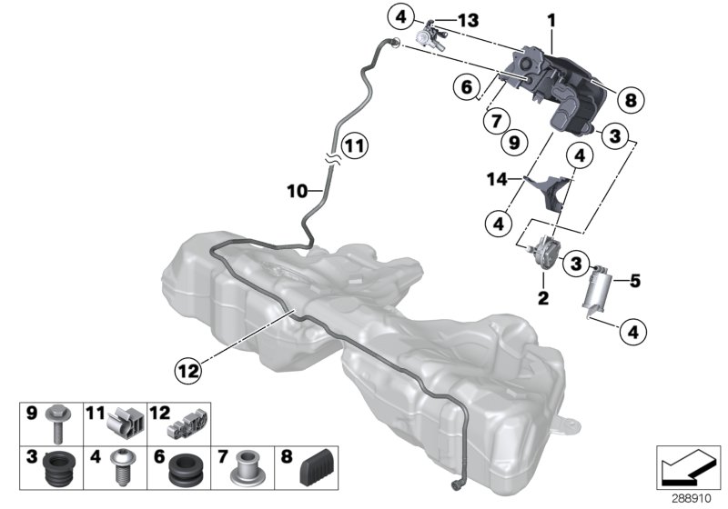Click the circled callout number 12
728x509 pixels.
188,370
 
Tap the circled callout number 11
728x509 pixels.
355,146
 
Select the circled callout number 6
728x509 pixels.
467,86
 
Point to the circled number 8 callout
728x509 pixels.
631,100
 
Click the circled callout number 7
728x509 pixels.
497,121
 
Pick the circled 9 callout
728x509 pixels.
514,142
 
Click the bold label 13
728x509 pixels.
468,20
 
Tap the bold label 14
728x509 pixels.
497,179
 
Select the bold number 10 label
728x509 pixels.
297,191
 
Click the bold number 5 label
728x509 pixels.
634,281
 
